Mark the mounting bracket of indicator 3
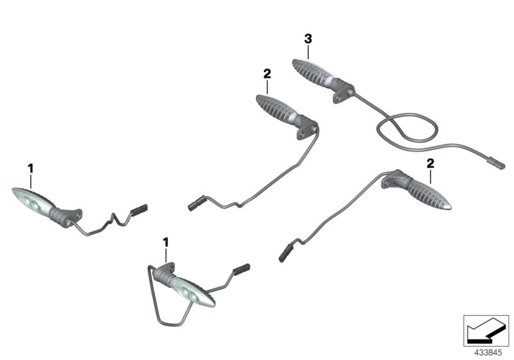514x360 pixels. (x=343, y=89)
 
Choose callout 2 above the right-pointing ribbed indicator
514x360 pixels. (x=431, y=164)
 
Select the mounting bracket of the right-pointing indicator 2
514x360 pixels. (x=393, y=179)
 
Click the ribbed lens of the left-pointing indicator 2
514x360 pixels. (x=273, y=107)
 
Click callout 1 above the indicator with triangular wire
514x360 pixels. (x=166, y=242)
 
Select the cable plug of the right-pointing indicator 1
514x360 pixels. (x=241, y=269)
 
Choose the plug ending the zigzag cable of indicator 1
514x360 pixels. (x=139, y=209)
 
